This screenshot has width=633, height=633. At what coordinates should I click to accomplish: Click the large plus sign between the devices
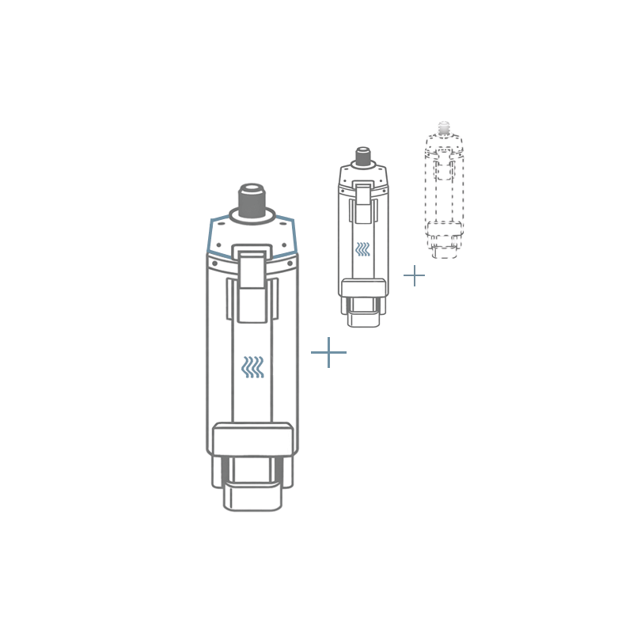tap(328, 352)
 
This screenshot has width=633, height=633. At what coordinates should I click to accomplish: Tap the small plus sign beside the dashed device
tap(414, 275)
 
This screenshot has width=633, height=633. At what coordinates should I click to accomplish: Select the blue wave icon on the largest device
tap(252, 366)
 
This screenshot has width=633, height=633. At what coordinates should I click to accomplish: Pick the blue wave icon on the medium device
tap(362, 249)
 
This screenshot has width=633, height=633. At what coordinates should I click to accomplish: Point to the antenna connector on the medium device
tap(363, 156)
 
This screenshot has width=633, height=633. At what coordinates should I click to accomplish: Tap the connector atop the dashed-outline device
tap(444, 128)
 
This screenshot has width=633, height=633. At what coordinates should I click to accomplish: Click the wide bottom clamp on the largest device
tap(252, 439)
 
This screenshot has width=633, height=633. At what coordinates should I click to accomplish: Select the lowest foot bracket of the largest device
tap(252, 497)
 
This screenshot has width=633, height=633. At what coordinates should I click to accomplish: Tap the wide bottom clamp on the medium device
tap(363, 287)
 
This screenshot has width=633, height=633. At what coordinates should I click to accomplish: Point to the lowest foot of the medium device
tap(363, 320)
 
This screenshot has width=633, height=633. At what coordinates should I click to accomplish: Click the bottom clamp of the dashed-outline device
tap(445, 229)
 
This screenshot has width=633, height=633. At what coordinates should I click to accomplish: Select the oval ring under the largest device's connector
tap(252, 216)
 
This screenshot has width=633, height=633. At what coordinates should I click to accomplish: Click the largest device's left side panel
tap(219, 356)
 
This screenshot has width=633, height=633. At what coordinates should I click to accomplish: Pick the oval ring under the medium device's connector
tap(363, 165)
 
